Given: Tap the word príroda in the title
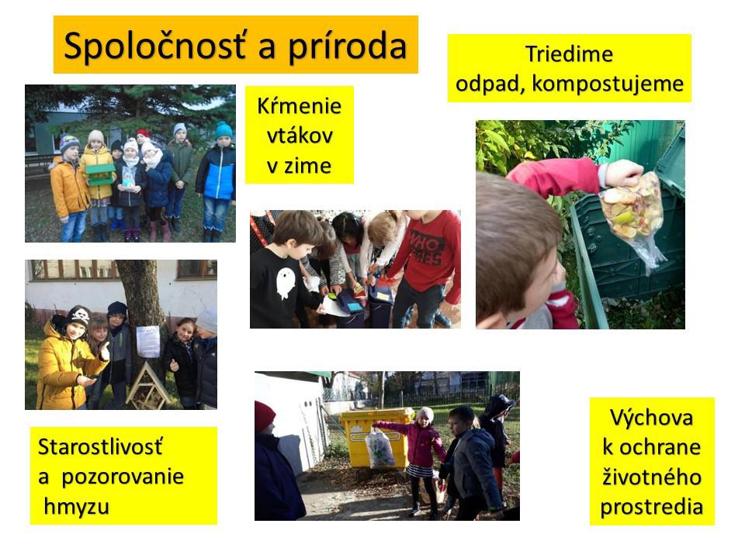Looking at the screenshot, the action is (x=348, y=46).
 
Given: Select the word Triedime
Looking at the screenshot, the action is (x=569, y=53).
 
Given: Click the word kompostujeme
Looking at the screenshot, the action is (x=607, y=84).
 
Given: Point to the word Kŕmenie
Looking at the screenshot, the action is (x=300, y=105).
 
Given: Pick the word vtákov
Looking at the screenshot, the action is (x=300, y=136).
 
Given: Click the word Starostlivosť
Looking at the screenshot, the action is (x=100, y=446).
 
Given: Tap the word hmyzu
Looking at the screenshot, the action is (x=77, y=507).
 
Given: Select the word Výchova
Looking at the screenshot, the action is (x=651, y=418).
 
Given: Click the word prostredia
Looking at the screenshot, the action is (x=651, y=507).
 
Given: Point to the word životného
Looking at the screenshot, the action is (x=651, y=477).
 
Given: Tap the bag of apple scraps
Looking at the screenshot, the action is (x=632, y=208).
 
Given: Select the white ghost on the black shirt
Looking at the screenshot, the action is (x=285, y=283).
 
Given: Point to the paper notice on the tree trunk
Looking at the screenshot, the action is (x=147, y=341).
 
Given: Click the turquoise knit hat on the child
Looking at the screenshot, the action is (x=223, y=130).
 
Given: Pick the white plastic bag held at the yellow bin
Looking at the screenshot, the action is (x=379, y=449).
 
